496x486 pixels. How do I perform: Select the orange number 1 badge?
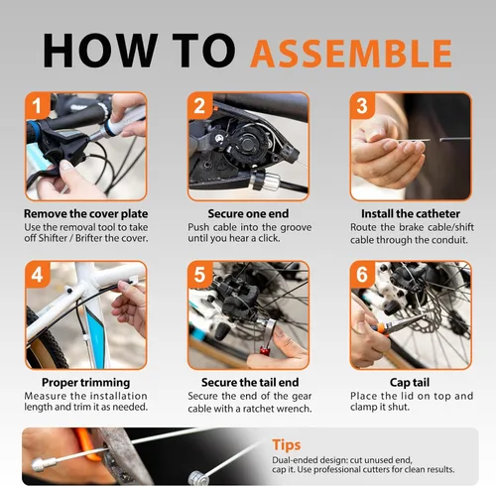(x=37, y=106)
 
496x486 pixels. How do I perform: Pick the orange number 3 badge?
(x=361, y=106)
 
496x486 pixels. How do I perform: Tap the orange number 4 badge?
(x=37, y=275)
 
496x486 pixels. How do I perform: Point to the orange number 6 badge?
(x=361, y=275)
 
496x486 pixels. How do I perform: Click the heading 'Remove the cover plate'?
(x=85, y=213)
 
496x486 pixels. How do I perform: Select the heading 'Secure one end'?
(x=248, y=213)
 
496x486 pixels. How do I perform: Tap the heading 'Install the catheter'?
(x=410, y=213)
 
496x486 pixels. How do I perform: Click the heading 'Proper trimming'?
(x=85, y=382)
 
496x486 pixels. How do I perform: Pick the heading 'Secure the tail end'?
(x=248, y=382)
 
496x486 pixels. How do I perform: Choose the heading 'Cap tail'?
(x=410, y=382)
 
